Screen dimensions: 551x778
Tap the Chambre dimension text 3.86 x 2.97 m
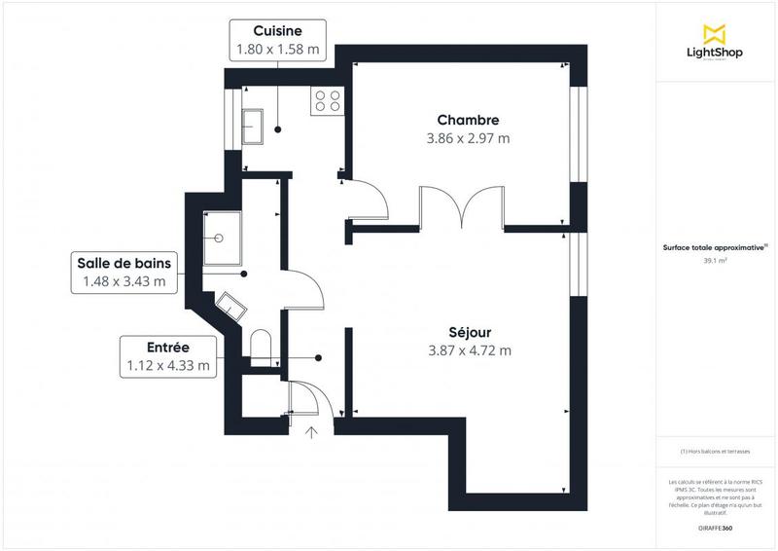[x=468, y=138]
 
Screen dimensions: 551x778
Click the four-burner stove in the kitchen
[x=327, y=101]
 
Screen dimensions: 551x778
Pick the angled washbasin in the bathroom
[x=231, y=307]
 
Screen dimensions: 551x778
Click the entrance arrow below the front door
[x=313, y=433]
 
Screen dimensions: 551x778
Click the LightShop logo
[x=715, y=43]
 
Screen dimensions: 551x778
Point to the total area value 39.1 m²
[x=715, y=261]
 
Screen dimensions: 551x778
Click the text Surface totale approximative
[x=715, y=248]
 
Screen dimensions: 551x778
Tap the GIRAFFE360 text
[x=715, y=527]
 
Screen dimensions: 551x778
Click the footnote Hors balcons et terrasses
[x=715, y=452]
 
